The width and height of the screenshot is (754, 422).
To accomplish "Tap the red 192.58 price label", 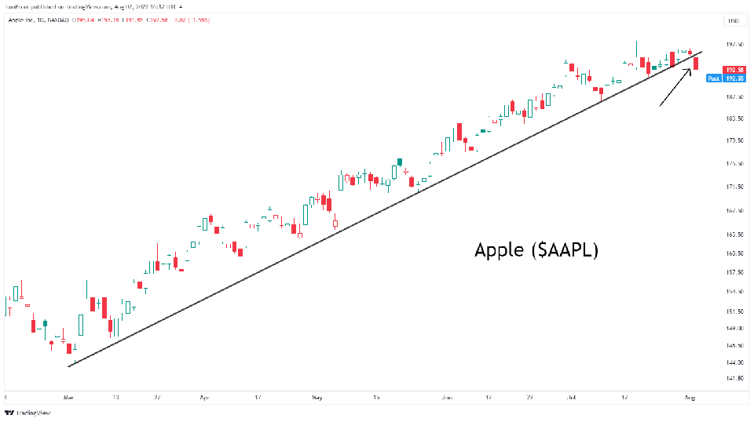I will pyautogui.click(x=735, y=70).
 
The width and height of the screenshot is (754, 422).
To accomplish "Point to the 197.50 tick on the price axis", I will pyautogui.click(x=735, y=45).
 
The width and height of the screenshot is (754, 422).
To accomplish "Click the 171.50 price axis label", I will pyautogui.click(x=735, y=187).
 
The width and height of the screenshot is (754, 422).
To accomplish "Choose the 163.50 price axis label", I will pyautogui.click(x=735, y=235).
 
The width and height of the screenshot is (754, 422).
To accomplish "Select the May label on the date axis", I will pyautogui.click(x=317, y=398).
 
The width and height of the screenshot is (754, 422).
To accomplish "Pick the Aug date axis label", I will pyautogui.click(x=690, y=398).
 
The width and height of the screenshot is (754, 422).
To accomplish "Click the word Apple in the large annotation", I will pyautogui.click(x=500, y=251).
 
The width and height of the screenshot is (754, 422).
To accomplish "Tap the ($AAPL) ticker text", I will pyautogui.click(x=565, y=251).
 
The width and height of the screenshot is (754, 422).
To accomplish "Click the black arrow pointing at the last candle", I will pyautogui.click(x=675, y=87).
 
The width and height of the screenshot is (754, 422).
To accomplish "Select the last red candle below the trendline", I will pyautogui.click(x=696, y=63).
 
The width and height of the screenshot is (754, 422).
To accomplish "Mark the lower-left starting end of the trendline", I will pyautogui.click(x=69, y=366).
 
